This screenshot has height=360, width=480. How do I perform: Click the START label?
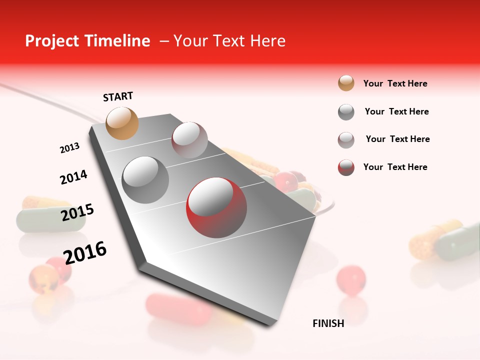click(x=118, y=96)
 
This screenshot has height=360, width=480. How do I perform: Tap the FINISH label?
click(x=328, y=323)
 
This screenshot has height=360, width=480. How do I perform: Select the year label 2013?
click(x=69, y=148)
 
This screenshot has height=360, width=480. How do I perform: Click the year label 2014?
click(x=73, y=177)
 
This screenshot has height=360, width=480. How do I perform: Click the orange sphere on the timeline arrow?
click(x=122, y=123)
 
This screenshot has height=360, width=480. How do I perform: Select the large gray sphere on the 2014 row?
click(x=145, y=180)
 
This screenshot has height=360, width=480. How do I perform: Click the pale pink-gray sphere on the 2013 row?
click(x=189, y=140)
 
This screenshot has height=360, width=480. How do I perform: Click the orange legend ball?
click(x=346, y=83)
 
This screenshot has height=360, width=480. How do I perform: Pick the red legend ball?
click(x=346, y=167)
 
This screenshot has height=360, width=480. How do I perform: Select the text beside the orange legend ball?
click(x=395, y=83)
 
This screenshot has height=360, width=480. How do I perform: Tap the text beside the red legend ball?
click(x=395, y=167)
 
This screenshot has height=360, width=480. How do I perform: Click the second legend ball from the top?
click(x=346, y=112)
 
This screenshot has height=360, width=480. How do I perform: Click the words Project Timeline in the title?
click(x=87, y=41)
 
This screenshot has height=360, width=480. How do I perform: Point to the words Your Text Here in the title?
click(x=229, y=41)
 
